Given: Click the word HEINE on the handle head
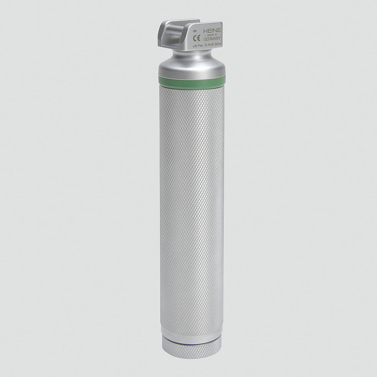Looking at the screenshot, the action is pos(212,31).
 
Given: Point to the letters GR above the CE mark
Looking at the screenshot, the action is pos(195,31).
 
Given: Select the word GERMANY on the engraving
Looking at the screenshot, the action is pos(212,39).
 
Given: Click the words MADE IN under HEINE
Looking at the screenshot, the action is pos(212,35).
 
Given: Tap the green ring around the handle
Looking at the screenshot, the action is pos(192,80).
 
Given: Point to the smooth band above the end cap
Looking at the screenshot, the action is pos(192,331).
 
